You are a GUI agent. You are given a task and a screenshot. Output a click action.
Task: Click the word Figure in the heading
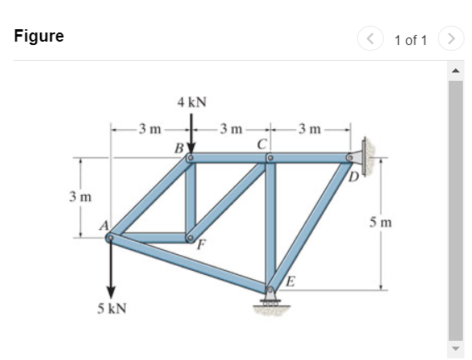coord(39,37)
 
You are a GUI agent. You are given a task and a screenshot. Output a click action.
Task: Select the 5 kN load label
coord(111,308)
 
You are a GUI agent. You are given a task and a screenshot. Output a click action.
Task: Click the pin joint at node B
coord(191,157)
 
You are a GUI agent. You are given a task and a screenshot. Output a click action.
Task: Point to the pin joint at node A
coord(110,237)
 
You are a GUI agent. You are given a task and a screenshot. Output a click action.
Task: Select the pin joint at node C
coord(270,157)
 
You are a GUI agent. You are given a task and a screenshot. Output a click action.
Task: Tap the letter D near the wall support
coord(354,177)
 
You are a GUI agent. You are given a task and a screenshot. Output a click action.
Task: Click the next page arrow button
coord(450,38)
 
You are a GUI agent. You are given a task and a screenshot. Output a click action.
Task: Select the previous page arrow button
coord(370,38)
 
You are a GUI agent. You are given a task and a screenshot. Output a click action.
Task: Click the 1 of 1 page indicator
coord(410,38)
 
